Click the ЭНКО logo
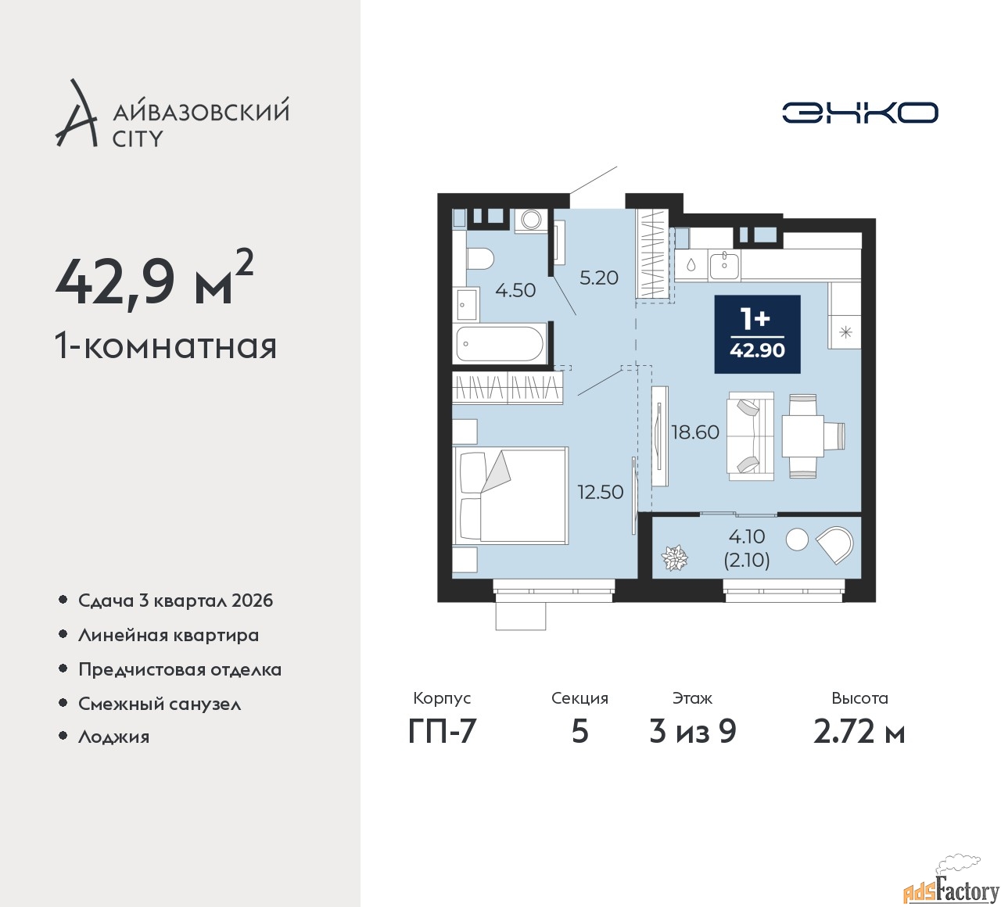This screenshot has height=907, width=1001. tap(859, 113)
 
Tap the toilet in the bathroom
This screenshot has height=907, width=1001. tap(480, 259)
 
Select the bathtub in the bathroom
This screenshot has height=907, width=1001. tap(500, 344)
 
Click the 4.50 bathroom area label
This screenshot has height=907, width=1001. tap(515, 290)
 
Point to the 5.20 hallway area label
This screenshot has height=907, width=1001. tap(599, 278)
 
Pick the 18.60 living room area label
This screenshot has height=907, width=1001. tap(695, 432)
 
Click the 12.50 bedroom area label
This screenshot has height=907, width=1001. tap(601, 492)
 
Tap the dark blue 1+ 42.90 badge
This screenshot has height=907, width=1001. tap(758, 334)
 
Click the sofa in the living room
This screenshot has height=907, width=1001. tap(751, 436)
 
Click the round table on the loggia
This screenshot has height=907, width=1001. tap(797, 540)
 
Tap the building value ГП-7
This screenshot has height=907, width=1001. tap(442, 732)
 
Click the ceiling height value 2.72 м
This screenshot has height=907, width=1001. tap(859, 732)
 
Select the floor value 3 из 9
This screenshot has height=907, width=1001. tap(693, 732)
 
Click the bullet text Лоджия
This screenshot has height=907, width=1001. tap(113, 737)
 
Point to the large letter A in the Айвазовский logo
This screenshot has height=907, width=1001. tap(76, 113)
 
